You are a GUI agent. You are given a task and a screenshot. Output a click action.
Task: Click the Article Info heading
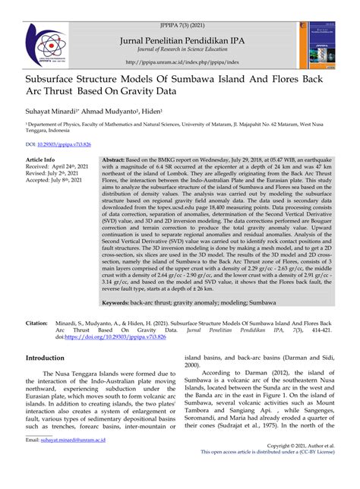point(40,160)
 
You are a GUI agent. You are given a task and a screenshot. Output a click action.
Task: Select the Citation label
point(39,302)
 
